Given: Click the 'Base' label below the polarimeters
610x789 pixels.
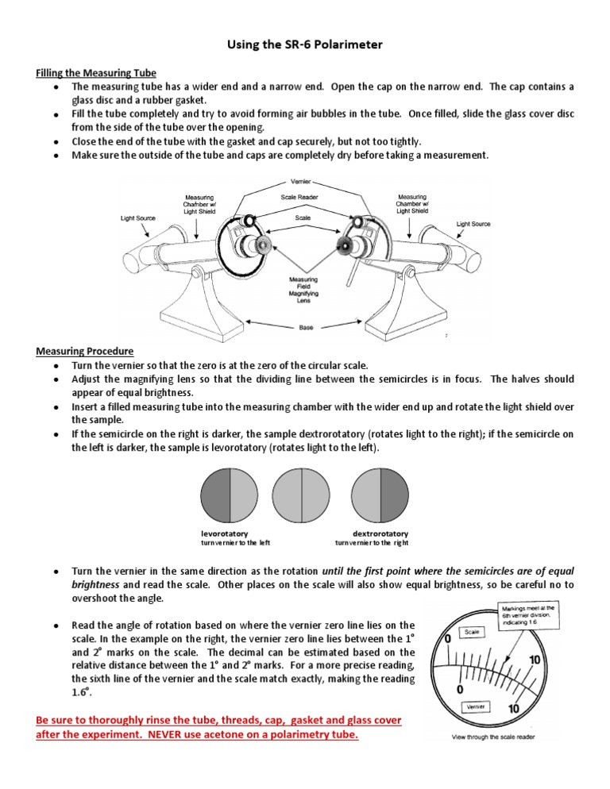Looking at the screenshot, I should [306, 326].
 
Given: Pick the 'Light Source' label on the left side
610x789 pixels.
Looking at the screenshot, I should [138, 218].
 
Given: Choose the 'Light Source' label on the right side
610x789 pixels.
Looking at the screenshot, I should [473, 225].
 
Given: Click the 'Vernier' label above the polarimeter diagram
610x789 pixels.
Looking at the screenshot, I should [300, 183].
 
